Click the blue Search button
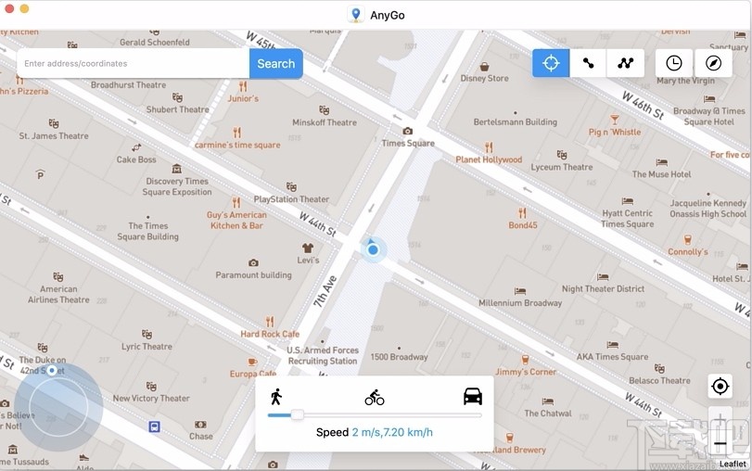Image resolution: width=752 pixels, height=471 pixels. coord(275,64)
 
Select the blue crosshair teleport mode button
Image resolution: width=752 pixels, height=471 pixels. coord(551,63)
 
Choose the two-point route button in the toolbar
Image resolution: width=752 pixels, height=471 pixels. coord(588,63)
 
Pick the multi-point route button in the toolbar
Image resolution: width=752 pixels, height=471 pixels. coord(626,63)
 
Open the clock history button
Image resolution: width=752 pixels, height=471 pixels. coord(674,63)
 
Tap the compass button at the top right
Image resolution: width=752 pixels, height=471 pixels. coord(712,63)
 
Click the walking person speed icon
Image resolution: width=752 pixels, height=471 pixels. coord(275,397)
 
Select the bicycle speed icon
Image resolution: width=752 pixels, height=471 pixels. coord(375,398)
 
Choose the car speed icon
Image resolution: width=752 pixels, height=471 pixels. coord(473,397)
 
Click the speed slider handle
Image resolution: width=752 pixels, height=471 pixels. coord(297,414)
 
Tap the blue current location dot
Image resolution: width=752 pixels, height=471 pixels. coord(373,248)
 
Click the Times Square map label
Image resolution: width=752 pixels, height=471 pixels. coord(408,144)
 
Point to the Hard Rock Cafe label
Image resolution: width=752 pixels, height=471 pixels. coord(270,334)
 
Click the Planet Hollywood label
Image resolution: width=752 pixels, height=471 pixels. coord(489,159)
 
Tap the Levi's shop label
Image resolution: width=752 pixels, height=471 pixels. coord(308,261)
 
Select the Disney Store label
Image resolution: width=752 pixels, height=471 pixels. coord(484,79)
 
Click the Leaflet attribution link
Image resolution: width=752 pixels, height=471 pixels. coord(733,464)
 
